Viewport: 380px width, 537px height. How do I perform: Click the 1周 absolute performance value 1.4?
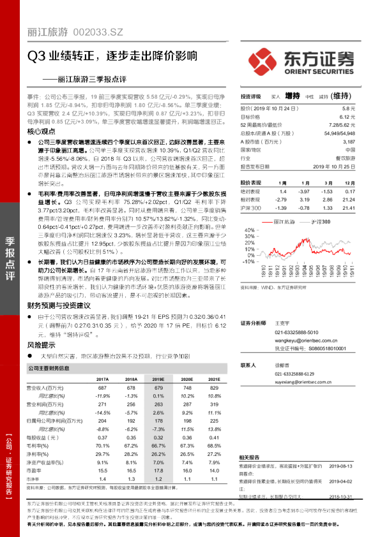283,191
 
